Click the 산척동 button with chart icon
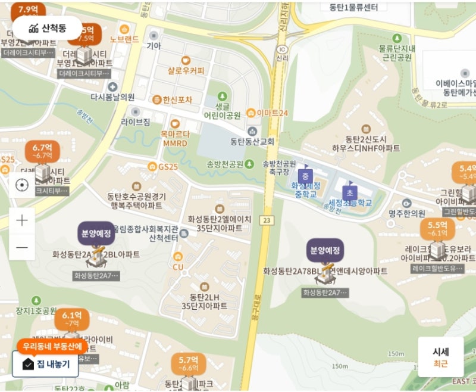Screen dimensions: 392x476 [47, 27]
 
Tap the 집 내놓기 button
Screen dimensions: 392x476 [45, 364]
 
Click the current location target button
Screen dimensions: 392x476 [22, 185]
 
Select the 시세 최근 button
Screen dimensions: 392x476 [440, 357]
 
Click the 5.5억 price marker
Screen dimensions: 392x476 [437, 229]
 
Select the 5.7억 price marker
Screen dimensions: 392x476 [188, 363]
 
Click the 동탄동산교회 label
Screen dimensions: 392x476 [252, 141]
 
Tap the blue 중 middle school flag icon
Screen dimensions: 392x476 [305, 176]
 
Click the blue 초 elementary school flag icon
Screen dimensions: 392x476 [349, 192]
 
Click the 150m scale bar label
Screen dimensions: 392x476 [340, 366]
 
